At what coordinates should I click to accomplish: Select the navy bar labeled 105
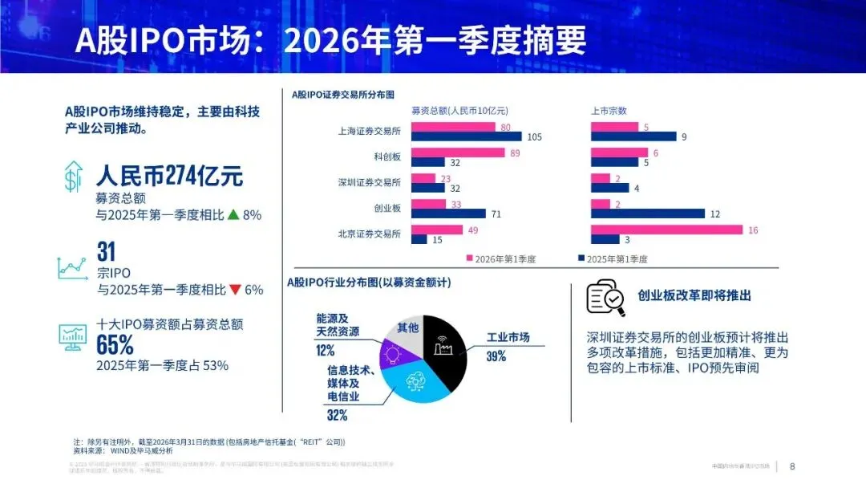point(466,136)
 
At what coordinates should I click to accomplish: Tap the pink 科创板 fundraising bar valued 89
point(458,152)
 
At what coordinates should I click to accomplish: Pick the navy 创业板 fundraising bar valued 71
point(448,213)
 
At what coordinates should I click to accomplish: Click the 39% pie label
point(496,356)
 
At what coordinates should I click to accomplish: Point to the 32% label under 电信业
point(337,415)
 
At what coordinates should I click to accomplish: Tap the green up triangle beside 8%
point(233,214)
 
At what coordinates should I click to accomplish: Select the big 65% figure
point(115,344)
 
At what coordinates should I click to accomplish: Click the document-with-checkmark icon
point(605,296)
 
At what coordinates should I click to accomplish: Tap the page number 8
point(793,466)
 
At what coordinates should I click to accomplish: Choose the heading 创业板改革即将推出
point(694,295)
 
